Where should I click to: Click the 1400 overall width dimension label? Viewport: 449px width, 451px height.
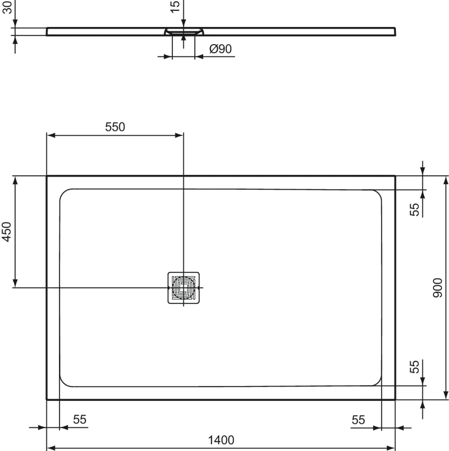(x=221, y=440)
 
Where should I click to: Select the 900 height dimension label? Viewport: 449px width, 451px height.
(x=437, y=288)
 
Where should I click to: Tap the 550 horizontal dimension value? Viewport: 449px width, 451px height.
(x=115, y=127)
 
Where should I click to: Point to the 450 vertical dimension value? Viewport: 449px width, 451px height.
(x=7, y=231)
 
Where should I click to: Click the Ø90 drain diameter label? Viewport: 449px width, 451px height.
(x=220, y=49)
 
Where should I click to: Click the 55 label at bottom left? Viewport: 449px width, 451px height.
(x=79, y=420)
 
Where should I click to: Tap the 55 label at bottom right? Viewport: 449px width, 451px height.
(x=358, y=420)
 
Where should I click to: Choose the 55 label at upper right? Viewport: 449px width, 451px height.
(x=415, y=209)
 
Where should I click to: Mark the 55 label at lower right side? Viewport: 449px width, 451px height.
(x=415, y=366)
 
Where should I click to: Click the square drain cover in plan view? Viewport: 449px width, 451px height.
(x=183, y=287)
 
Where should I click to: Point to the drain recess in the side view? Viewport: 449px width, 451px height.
(x=183, y=32)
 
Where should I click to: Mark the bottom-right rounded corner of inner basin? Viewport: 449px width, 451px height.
(x=377, y=382)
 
